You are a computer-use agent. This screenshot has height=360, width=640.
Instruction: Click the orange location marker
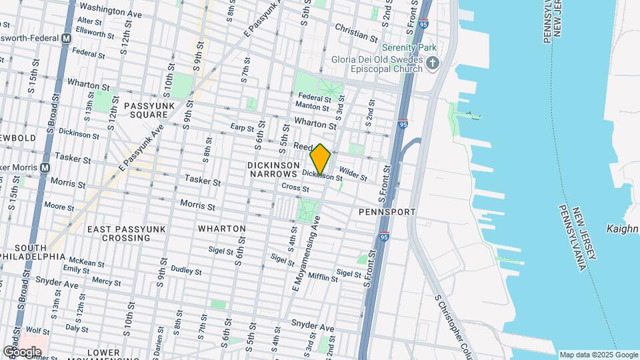pyautogui.click(x=320, y=159)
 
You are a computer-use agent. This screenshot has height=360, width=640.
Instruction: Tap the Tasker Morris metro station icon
pyautogui.click(x=45, y=167)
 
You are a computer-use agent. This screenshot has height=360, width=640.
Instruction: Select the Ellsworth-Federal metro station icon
pyautogui.click(x=66, y=39)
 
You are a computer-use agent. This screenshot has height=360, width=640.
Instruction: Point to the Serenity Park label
pyautogui.click(x=409, y=48)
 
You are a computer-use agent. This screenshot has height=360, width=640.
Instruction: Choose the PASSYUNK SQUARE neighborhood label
pyautogui.click(x=148, y=110)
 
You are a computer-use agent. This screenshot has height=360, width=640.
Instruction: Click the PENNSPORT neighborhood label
pyautogui.click(x=387, y=211)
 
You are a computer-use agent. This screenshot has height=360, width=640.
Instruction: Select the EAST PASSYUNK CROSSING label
pyautogui.click(x=121, y=233)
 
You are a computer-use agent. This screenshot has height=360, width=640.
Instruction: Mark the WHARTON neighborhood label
pyautogui.click(x=222, y=229)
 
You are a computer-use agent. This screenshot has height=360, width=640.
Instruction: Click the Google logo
pyautogui.click(x=22, y=351)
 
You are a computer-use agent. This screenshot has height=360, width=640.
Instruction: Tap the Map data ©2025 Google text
pyautogui.click(x=598, y=355)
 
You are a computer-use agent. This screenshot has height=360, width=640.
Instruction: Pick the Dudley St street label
pyautogui.click(x=186, y=271)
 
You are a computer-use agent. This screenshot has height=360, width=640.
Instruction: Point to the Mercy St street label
pyautogui.click(x=106, y=281)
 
